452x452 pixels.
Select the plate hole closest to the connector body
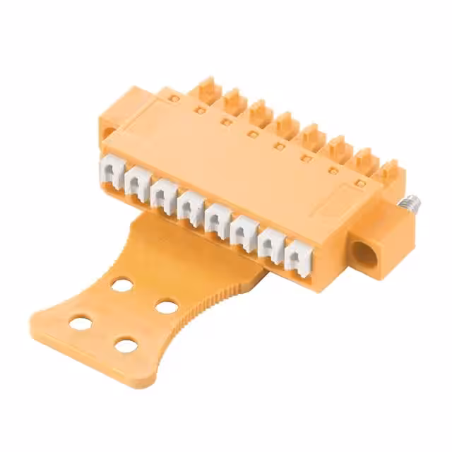click(x=122, y=285)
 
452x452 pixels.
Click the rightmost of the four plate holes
click(x=167, y=307)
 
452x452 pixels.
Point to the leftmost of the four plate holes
click(x=81, y=323)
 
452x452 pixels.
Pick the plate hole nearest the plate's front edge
click(x=126, y=346)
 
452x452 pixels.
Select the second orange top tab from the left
click(x=234, y=101)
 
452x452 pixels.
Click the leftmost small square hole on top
click(x=201, y=110)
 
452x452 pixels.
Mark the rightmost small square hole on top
click(x=360, y=184)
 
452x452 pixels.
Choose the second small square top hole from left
click(x=227, y=121)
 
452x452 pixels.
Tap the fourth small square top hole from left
click(x=280, y=146)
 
